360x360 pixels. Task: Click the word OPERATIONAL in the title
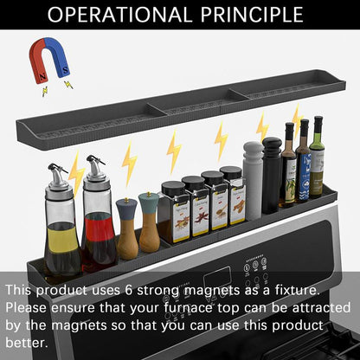click(x=119, y=15)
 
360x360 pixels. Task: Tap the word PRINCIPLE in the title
click(x=252, y=15)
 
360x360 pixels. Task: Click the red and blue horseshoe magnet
click(x=48, y=60)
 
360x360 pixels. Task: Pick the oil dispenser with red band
click(x=98, y=214)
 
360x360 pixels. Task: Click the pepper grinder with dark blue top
click(x=127, y=228)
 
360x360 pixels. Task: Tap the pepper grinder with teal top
click(x=149, y=222)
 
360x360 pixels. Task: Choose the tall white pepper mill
click(x=254, y=181)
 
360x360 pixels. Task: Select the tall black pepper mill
click(x=272, y=176)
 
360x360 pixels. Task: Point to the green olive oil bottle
click(x=317, y=157)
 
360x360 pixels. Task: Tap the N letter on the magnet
click(x=43, y=77)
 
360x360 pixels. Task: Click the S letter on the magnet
click(x=66, y=70)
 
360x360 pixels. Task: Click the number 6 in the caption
click(x=129, y=290)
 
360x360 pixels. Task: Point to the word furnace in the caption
click(x=188, y=308)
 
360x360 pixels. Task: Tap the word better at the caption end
click(x=27, y=343)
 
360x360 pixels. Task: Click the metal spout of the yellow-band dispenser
click(x=57, y=173)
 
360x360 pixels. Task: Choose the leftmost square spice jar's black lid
click(x=173, y=189)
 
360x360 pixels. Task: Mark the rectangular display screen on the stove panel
click(x=218, y=278)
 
